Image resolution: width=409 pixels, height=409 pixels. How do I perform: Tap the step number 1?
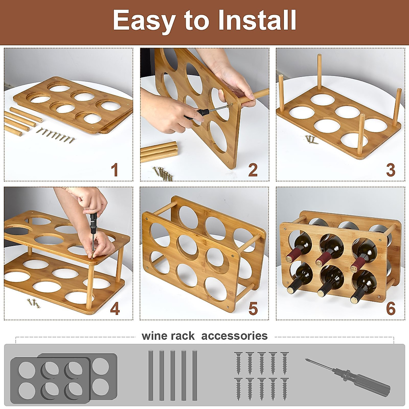point(115,170)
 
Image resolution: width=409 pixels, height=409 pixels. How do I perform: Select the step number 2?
point(253,170)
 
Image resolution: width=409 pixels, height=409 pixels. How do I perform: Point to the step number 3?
point(391,170)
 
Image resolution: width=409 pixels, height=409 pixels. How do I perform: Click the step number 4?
point(115,309)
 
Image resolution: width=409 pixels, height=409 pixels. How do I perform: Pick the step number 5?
point(253,309)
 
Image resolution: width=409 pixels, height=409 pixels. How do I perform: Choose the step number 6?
point(391,309)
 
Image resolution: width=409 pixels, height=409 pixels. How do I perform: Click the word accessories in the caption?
point(234,336)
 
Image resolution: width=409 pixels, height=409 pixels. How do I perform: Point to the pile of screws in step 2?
point(163,173)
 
